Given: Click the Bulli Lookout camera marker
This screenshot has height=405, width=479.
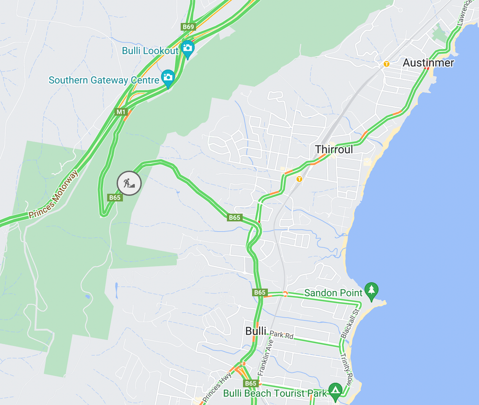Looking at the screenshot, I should pos(187,48).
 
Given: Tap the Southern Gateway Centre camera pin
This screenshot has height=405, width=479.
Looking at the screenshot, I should pos(168,77).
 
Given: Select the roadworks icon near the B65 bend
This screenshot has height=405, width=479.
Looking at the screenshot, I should pos(129,183).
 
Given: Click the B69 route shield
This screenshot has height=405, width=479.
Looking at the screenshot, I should pos(188,27).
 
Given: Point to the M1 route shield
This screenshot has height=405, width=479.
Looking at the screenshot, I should pos(121,112).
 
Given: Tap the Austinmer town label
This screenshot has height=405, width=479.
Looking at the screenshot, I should pos(428,63).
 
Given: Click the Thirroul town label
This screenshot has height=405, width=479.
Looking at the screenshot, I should pos(334,149).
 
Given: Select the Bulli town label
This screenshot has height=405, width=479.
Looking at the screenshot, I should pos(255,331).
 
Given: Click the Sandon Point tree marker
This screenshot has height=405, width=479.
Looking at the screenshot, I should pos(371,290).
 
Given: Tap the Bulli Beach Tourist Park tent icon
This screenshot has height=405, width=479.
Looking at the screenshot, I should pos(335,391).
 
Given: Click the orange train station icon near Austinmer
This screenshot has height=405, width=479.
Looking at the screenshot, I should pos(387,64).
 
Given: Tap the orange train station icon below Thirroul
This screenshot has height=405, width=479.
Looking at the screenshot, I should pos(299,179).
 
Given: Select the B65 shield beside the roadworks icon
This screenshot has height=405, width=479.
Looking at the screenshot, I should pos(115,197).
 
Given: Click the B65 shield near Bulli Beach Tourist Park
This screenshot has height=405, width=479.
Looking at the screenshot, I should pos(251,383).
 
